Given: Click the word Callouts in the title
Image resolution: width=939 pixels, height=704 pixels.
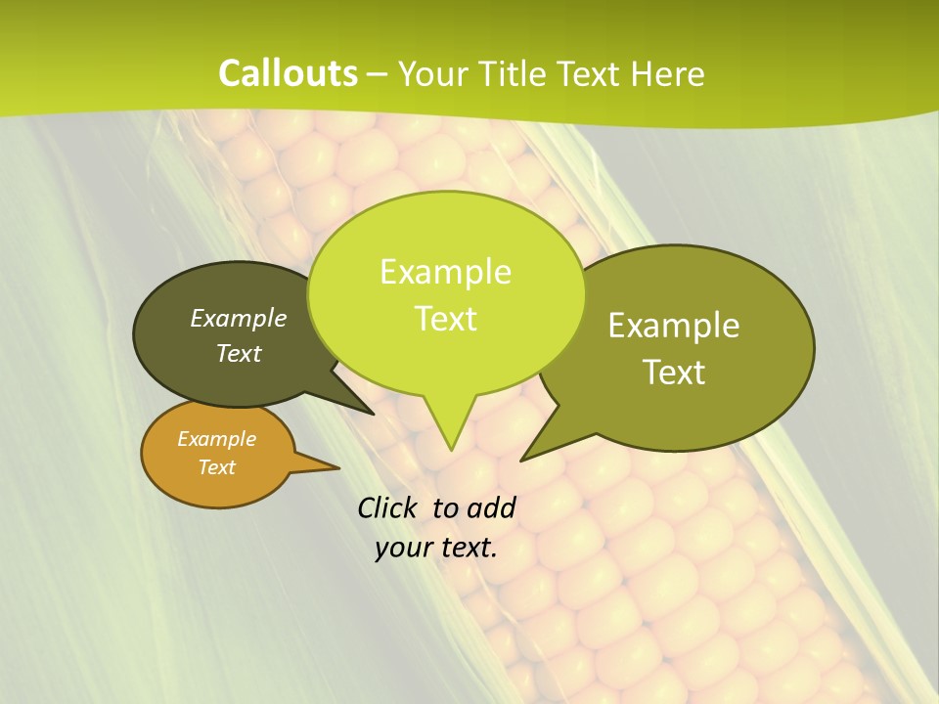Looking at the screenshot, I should coord(288,73).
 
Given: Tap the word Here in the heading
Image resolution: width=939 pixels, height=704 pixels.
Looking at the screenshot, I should coord(667,73).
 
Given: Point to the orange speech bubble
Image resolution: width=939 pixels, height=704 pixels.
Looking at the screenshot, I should coord(217,454).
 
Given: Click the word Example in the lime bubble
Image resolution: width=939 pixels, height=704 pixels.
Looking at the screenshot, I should coord(445,271).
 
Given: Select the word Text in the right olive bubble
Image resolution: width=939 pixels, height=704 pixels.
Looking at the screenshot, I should coord(674,373).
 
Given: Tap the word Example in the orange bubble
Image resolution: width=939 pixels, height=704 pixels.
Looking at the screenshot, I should coord(216,439).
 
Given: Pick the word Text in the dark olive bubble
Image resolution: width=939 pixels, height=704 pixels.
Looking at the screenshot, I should coord(239,354).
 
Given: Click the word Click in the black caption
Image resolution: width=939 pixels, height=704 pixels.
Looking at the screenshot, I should coord(388,507).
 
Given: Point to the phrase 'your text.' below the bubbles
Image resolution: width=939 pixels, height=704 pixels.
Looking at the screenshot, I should coord(435,548).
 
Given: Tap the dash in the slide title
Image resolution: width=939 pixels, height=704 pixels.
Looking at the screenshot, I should coord(378,74).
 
